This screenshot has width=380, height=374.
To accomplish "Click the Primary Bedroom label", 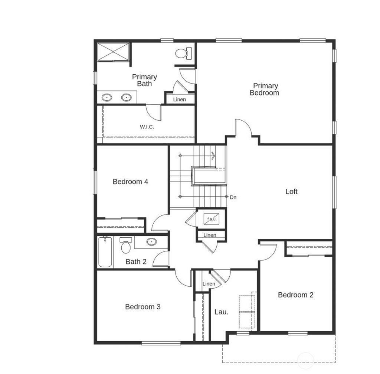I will coord(264,90).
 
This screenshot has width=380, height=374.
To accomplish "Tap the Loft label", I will coord(291,192).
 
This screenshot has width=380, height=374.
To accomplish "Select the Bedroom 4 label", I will coord(130,182).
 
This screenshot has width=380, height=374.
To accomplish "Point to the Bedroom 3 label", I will coord(142,307).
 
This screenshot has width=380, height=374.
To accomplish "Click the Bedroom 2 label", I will coord(295,295).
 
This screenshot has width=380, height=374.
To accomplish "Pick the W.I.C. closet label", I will coord(147,127).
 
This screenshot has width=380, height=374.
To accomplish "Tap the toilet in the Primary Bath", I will coord(183,53).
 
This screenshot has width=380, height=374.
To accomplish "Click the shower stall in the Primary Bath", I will coord(114,52).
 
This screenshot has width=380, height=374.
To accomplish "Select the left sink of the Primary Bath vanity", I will coord(107,98).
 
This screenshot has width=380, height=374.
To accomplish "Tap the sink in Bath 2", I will coord(151,242).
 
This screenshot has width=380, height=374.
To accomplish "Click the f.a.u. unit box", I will coord(212,219).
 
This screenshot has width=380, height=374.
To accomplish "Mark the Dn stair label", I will coord(233,197).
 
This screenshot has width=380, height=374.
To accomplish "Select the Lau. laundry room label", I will coord(221,312).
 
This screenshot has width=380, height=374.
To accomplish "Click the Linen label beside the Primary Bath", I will coord(179,100).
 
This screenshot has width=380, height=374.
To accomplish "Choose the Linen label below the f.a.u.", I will coord(210,235).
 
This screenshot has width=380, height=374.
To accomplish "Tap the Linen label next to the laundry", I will coord(209,284).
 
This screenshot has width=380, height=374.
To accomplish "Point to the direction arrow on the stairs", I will coord(213,155).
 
